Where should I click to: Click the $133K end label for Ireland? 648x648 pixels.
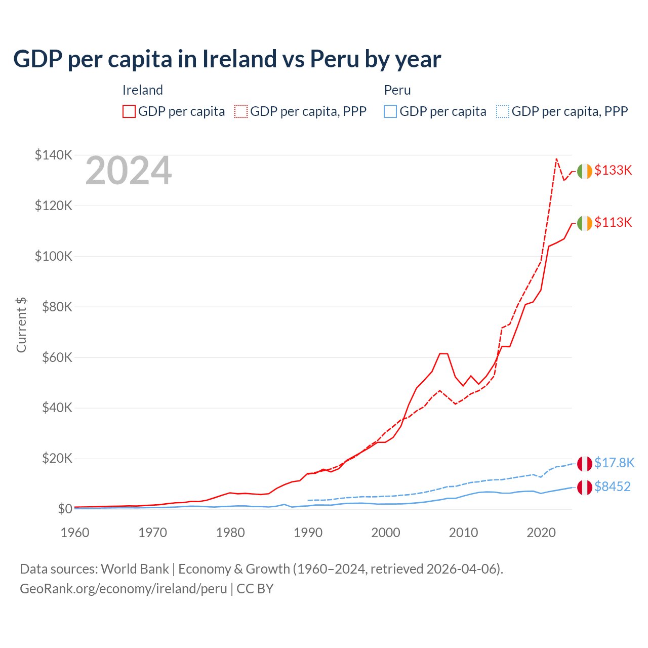click(613, 170)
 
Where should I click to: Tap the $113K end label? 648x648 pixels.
click(613, 222)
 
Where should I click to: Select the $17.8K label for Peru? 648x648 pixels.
click(614, 463)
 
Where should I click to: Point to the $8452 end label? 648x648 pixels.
click(613, 487)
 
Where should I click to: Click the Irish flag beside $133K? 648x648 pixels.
click(585, 172)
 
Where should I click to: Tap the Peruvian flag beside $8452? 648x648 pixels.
click(585, 488)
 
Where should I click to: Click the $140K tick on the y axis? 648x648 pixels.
click(53, 155)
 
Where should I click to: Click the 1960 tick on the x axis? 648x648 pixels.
click(75, 533)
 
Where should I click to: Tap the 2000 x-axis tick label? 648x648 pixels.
click(386, 533)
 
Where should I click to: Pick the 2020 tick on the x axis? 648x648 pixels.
click(541, 533)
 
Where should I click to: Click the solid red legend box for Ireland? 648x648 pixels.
click(129, 111)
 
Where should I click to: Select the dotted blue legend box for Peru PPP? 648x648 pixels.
click(503, 111)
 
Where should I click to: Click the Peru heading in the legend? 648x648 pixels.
click(397, 90)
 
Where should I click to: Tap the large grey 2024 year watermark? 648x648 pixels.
click(129, 171)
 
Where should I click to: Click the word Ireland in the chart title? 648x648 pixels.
click(239, 59)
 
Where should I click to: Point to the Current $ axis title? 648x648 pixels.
click(21, 325)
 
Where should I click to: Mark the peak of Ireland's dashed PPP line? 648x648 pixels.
click(556, 159)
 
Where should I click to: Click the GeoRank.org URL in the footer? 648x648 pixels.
click(124, 589)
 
